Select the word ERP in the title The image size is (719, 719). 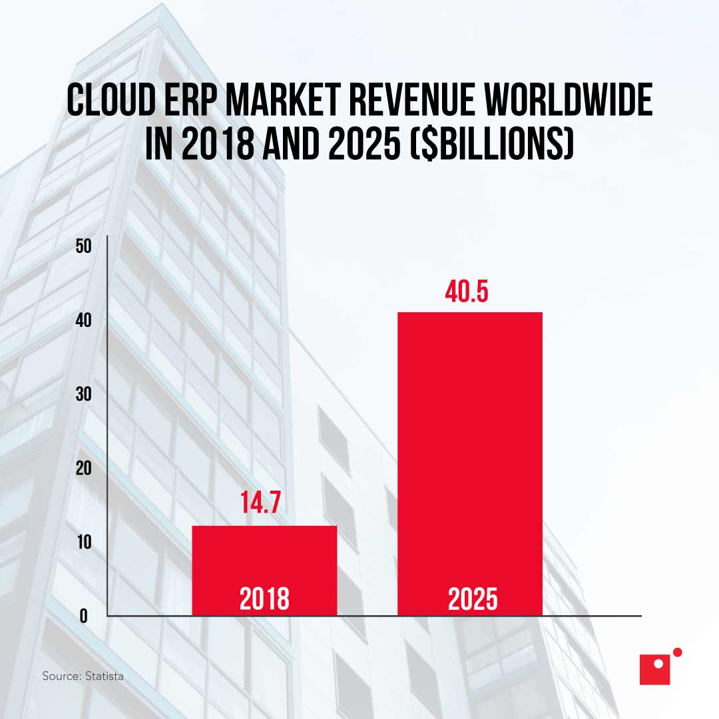tap(190, 101)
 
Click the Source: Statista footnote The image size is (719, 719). tap(83, 676)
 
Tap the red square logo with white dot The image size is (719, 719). tap(654, 669)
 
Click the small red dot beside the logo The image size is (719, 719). tap(678, 652)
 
